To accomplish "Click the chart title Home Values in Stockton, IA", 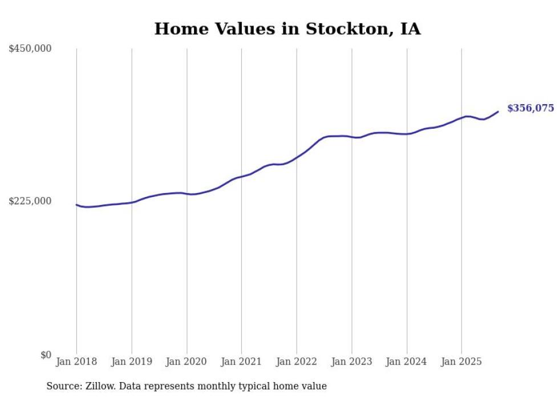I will click(287, 28).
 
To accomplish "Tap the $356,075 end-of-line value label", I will click(530, 108).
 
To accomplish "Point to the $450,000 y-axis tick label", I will click(30, 49).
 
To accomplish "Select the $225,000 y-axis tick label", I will click(30, 201).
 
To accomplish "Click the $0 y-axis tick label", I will click(46, 355).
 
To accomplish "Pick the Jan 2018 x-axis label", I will click(76, 362).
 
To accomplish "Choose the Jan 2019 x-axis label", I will click(132, 362).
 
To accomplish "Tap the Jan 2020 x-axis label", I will click(187, 362).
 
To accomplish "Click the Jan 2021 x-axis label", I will click(241, 362).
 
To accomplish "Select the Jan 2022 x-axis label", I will click(297, 362).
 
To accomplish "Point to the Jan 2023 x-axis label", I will click(351, 362).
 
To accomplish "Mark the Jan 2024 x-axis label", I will click(407, 362).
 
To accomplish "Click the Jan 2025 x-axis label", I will click(461, 362).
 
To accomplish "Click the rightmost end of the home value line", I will click(498, 112).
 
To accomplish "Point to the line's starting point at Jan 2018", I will click(76, 204).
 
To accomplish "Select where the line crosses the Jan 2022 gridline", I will click(297, 157).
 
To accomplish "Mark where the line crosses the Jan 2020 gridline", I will click(187, 194).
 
